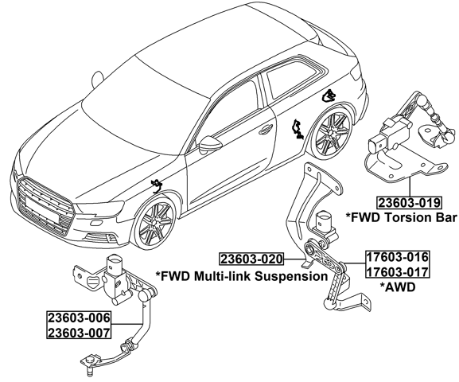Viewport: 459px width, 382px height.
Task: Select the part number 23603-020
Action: pyautogui.click(x=251, y=259)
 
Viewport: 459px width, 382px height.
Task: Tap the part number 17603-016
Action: pyautogui.click(x=397, y=257)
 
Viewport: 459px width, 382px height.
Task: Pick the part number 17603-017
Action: pyautogui.click(x=397, y=271)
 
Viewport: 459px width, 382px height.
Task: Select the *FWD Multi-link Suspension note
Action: pyautogui.click(x=241, y=276)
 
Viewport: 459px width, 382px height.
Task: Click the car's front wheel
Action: pyautogui.click(x=156, y=224)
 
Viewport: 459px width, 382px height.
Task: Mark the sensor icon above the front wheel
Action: pyautogui.click(x=157, y=185)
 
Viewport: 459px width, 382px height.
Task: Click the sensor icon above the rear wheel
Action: pyautogui.click(x=327, y=97)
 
